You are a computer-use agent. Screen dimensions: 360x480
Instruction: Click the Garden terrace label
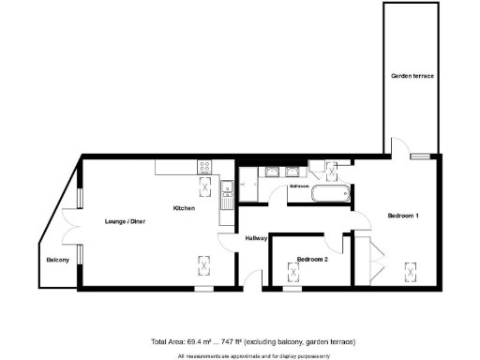coord(412,75)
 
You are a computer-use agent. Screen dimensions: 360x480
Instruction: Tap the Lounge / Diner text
coord(112,222)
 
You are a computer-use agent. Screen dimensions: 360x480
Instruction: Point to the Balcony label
coord(57,260)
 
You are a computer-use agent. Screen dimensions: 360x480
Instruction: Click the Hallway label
coord(257,238)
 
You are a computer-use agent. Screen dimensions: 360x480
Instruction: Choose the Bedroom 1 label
coord(403,217)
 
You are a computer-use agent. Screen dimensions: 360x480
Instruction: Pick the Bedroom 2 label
coord(311,259)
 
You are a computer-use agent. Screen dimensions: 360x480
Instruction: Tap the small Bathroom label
coord(299,187)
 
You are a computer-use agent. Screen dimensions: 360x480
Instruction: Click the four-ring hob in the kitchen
coord(204,168)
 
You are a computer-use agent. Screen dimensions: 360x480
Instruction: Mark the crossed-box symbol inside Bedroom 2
coord(295,272)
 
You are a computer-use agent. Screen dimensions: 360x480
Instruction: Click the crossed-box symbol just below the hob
coord(204,185)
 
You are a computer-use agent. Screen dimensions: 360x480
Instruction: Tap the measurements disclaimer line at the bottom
coord(239,355)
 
